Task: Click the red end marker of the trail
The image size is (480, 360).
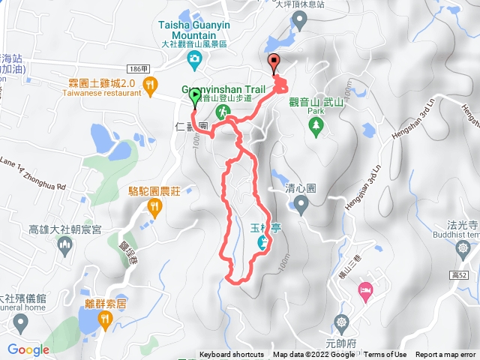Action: [x=273, y=64]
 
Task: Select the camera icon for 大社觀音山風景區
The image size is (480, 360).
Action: [x=195, y=58]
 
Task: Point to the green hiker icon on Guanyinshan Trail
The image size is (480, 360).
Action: [x=222, y=111]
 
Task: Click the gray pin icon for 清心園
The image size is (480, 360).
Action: [x=301, y=203]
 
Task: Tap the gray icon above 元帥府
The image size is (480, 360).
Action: [x=342, y=322]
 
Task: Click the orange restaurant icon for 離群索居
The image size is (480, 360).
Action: [x=105, y=320]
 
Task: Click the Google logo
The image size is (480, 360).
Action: [x=28, y=349]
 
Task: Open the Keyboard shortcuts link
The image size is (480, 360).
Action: [x=231, y=355]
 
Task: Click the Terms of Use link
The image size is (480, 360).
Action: [x=385, y=355]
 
